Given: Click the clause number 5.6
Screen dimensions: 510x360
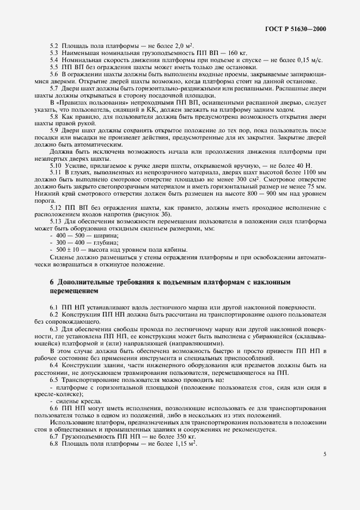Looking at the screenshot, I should coord(54,74).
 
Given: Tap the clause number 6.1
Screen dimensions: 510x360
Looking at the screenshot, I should coord(54,307).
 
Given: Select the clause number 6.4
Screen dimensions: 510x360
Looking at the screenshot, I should coord(54,365).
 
